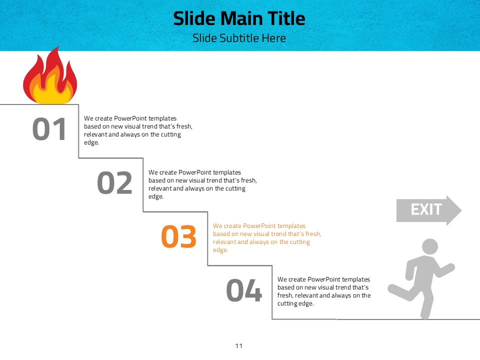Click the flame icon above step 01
coord(50,76)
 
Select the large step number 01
coord(49,129)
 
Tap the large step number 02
coord(114,183)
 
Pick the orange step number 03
coord(178,236)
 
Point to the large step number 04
coord(244,290)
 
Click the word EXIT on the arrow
coord(426,209)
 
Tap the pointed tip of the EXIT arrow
coord(461,210)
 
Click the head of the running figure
coord(430,246)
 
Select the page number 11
coord(239,346)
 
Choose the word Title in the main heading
coord(286,18)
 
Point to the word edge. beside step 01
coord(91,142)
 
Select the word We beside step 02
coord(153,172)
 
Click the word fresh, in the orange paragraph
coord(313,234)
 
